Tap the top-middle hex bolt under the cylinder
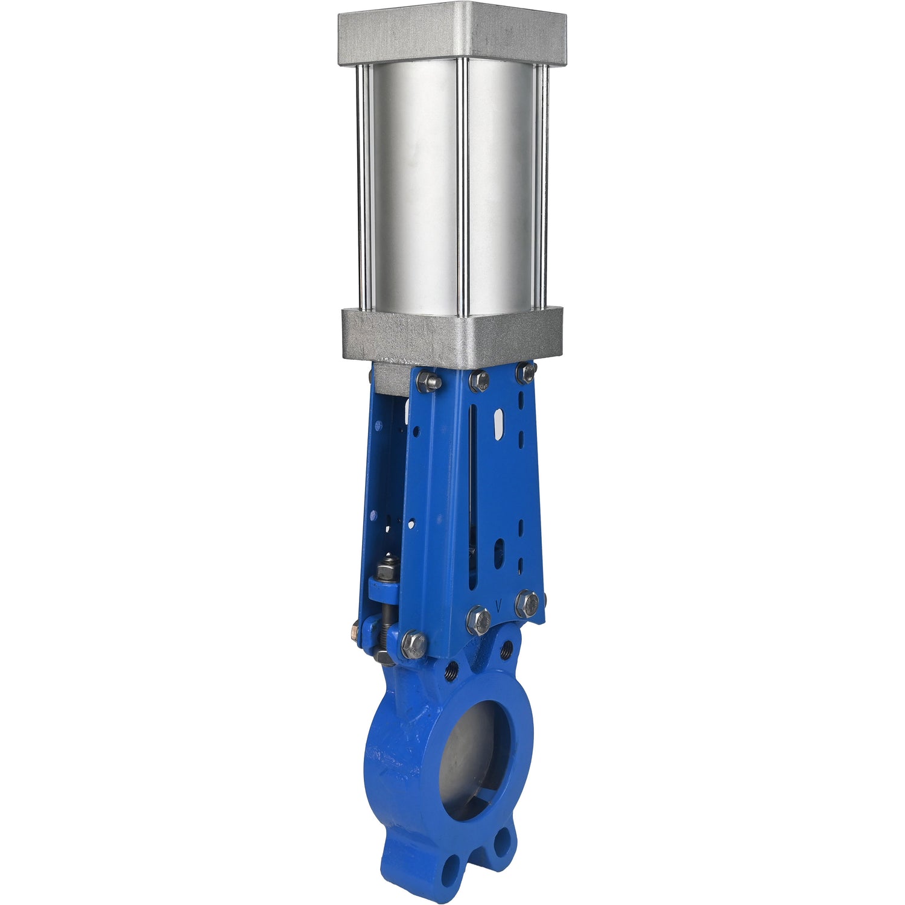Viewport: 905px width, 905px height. pos(478,380)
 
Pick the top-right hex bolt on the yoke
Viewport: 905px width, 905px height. pos(526,372)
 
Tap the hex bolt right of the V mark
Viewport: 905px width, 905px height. pos(527,603)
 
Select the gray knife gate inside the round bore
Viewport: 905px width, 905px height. pos(468,754)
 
